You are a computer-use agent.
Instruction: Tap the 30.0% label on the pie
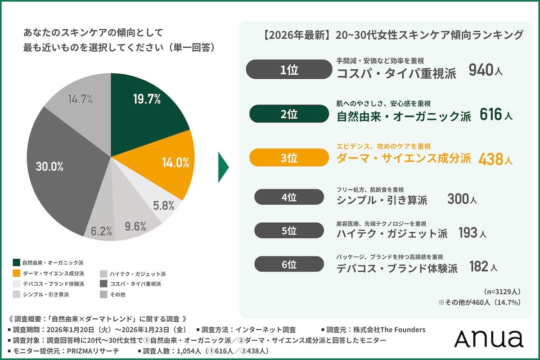pos(49,166)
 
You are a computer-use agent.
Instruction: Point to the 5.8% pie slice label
pos(163,206)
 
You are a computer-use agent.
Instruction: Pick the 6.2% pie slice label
pos(101,231)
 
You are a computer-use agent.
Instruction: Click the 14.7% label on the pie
pos(80,99)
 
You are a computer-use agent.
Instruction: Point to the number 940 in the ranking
pos(482,70)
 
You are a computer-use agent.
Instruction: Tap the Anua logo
pos(488,338)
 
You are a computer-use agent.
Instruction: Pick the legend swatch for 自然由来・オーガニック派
pos(17,262)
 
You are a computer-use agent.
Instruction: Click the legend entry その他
pos(117,295)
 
